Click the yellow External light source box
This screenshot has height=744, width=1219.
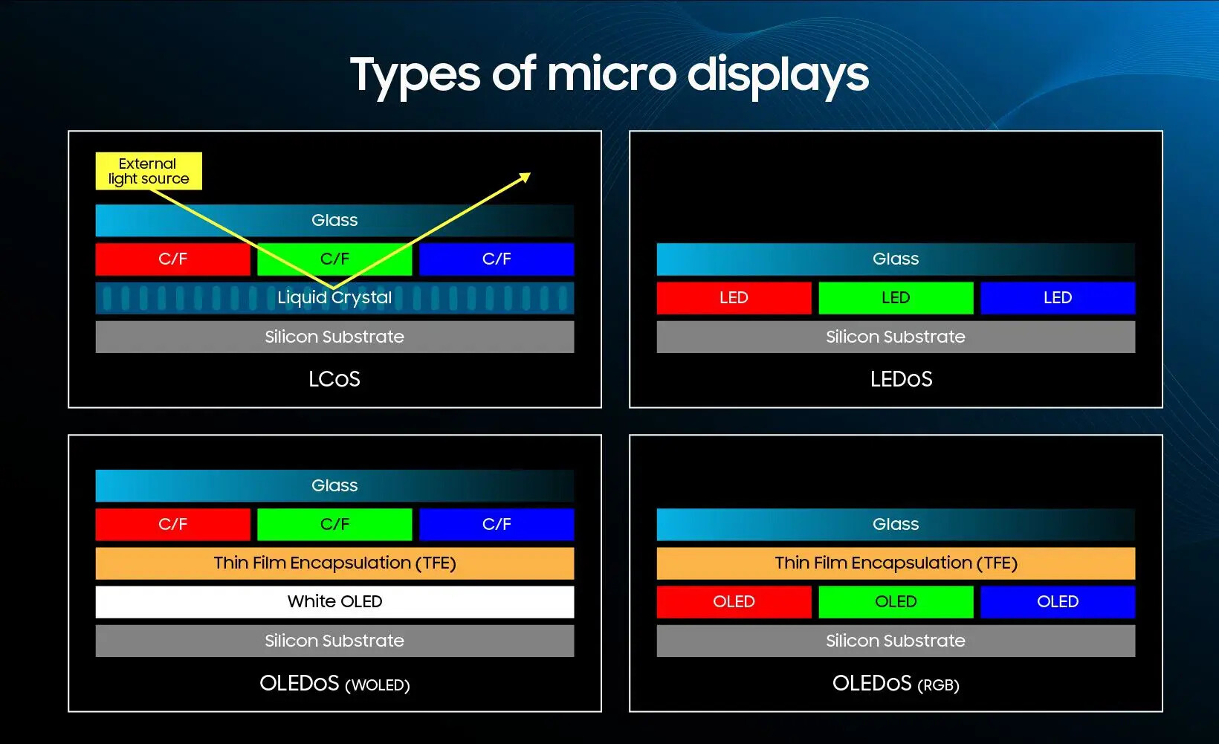coord(149,171)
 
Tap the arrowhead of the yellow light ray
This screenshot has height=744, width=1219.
coord(526,177)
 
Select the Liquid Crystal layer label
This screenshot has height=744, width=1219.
coord(334,297)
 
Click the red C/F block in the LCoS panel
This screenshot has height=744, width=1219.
coord(173,259)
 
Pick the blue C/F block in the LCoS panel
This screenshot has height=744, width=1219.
coord(497,259)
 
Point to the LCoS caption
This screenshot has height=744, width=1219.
coord(334,379)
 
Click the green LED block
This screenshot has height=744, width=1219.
coord(896,298)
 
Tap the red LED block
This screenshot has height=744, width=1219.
coord(734,298)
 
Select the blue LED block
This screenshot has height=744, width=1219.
coord(1058,298)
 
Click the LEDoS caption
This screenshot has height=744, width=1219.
coord(901,379)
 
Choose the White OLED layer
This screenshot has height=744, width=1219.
coord(334,601)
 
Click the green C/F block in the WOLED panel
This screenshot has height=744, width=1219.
coord(334,524)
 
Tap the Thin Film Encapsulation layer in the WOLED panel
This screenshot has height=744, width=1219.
coord(334,563)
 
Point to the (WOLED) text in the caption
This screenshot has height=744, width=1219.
coord(377,685)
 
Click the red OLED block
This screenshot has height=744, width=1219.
coord(734,601)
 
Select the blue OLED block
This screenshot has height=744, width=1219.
coord(1058,601)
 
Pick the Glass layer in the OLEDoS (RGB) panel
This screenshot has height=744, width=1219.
coord(896,524)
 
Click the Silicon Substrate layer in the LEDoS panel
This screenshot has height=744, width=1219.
coord(896,337)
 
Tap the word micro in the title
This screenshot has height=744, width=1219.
coord(612,74)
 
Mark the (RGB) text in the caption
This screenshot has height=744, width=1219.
coord(939,685)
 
